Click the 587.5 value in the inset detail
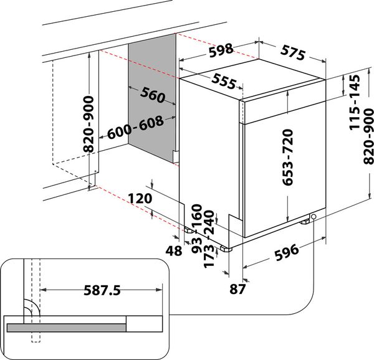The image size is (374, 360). point(101,290)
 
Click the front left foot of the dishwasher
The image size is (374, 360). point(226,249)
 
